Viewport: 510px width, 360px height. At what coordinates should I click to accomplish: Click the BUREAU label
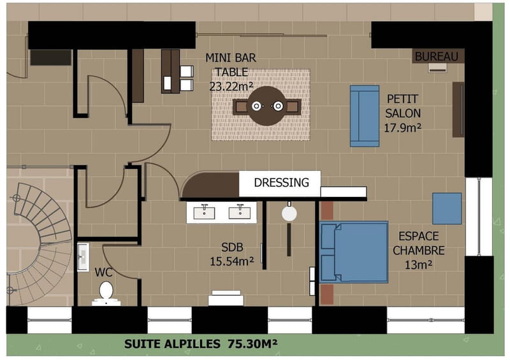coord(436,57)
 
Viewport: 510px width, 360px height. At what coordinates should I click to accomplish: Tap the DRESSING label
coord(281,182)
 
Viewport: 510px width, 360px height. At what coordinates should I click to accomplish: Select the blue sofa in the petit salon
coord(365,116)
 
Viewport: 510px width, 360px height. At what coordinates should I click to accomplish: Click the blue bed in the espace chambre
coord(354,252)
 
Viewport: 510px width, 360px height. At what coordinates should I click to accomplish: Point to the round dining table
coord(267,106)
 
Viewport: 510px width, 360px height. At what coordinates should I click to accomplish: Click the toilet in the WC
coord(106,294)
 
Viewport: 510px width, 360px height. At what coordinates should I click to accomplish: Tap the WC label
coord(103,272)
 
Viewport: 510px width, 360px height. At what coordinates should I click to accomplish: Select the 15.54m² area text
coord(231,261)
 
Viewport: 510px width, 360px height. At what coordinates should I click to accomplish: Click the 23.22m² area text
coord(231,87)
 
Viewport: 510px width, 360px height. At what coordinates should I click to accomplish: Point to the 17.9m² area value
coord(403,128)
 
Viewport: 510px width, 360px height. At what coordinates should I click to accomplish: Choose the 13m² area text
coord(418,264)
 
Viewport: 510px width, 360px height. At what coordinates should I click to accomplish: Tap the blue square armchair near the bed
coord(447,208)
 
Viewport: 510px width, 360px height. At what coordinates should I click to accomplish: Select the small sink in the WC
coord(83,257)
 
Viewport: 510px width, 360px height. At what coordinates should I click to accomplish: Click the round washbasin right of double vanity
coord(289,213)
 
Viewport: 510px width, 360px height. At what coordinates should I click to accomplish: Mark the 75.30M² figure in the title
coord(252,343)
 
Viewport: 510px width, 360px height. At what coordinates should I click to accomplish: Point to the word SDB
coord(232,247)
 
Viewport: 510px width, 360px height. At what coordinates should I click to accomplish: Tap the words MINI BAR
coord(231,58)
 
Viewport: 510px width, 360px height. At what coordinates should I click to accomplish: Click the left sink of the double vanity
coord(204,212)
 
